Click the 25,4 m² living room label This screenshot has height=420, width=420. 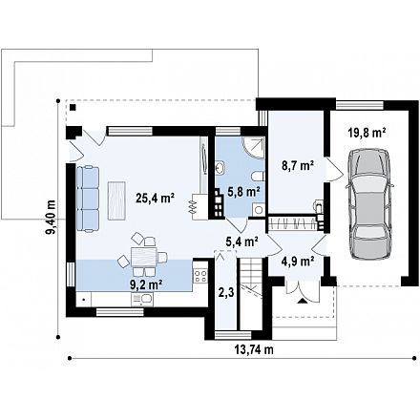[155, 199]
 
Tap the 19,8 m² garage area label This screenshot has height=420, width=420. [367, 133]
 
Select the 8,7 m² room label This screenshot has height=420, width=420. [297, 166]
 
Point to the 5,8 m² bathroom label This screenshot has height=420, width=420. [243, 192]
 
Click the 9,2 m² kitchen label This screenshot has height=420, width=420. [147, 283]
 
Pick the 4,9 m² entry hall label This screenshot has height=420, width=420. [298, 262]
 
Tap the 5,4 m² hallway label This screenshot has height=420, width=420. [241, 242]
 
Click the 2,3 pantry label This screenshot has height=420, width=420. [226, 292]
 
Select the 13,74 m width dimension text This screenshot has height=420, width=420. [254, 349]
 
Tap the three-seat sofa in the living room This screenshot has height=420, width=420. [88, 199]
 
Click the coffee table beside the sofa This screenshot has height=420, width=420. [116, 200]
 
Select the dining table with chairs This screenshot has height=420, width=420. [143, 255]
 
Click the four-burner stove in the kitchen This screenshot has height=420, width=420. [200, 276]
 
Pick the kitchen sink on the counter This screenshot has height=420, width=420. [142, 300]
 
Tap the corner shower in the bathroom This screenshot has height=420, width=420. [254, 148]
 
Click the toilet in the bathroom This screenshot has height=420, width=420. [259, 177]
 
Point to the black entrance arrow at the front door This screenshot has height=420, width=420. [302, 301]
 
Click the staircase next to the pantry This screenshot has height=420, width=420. [251, 293]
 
